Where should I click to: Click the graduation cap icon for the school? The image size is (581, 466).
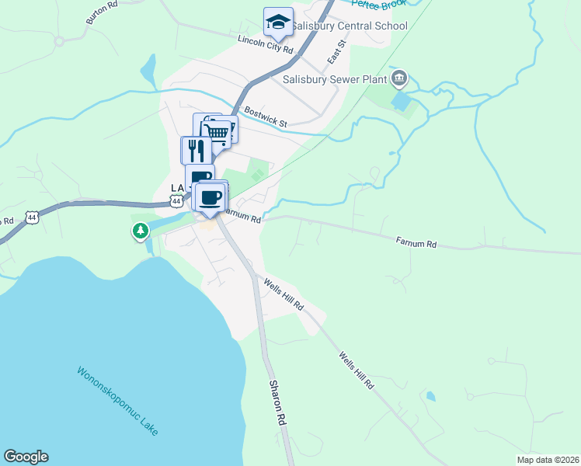tap(277, 23)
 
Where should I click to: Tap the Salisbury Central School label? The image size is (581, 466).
tap(350, 26)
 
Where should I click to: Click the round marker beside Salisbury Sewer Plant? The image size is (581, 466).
tap(399, 77)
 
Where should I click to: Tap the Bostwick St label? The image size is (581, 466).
tap(265, 118)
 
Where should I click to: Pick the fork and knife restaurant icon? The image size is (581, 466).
tap(196, 149)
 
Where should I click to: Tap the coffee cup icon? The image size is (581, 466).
tap(210, 196)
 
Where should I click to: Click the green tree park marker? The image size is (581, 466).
tap(140, 231)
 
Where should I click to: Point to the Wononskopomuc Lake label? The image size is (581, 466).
tap(117, 401)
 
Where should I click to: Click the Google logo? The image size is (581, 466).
tap(26, 457)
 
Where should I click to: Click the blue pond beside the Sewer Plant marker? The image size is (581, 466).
tap(401, 102)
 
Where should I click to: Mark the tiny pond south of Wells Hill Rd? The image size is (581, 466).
tap(431, 396)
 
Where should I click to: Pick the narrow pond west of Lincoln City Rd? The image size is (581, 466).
tap(148, 74)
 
